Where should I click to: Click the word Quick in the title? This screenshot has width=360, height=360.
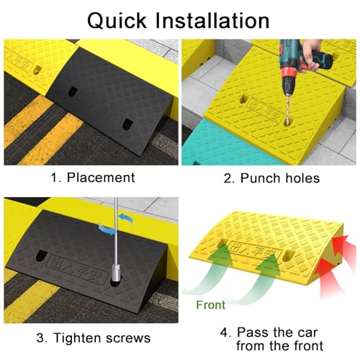pyautogui.click(x=117, y=21)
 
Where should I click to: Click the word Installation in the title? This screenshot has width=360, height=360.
pyautogui.click(x=212, y=20)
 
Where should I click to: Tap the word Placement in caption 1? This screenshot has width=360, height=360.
pyautogui.click(x=101, y=178)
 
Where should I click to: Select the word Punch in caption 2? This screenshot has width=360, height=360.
pyautogui.click(x=260, y=178)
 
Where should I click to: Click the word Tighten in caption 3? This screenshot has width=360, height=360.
pyautogui.click(x=77, y=338)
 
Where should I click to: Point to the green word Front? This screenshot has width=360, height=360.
pyautogui.click(x=211, y=305)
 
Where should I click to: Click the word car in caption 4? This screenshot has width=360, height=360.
pyautogui.click(x=307, y=333)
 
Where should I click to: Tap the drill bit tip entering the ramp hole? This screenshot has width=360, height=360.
pyautogui.click(x=287, y=123)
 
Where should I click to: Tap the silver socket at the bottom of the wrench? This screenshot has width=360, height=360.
pyautogui.click(x=117, y=273)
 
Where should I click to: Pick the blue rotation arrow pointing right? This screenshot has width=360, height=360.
pyautogui.click(x=107, y=230)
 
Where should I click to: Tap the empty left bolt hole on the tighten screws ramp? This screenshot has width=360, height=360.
pyautogui.click(x=41, y=256)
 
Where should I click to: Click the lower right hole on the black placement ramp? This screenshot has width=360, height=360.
pyautogui.click(x=126, y=124)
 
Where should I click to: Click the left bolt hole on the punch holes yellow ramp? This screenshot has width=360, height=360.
pyautogui.click(x=244, y=99)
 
